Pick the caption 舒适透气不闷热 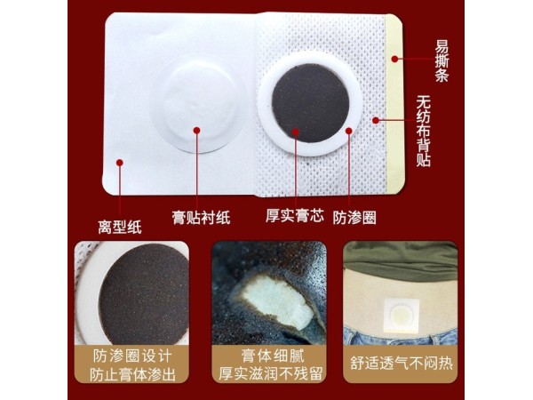[401, 364]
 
